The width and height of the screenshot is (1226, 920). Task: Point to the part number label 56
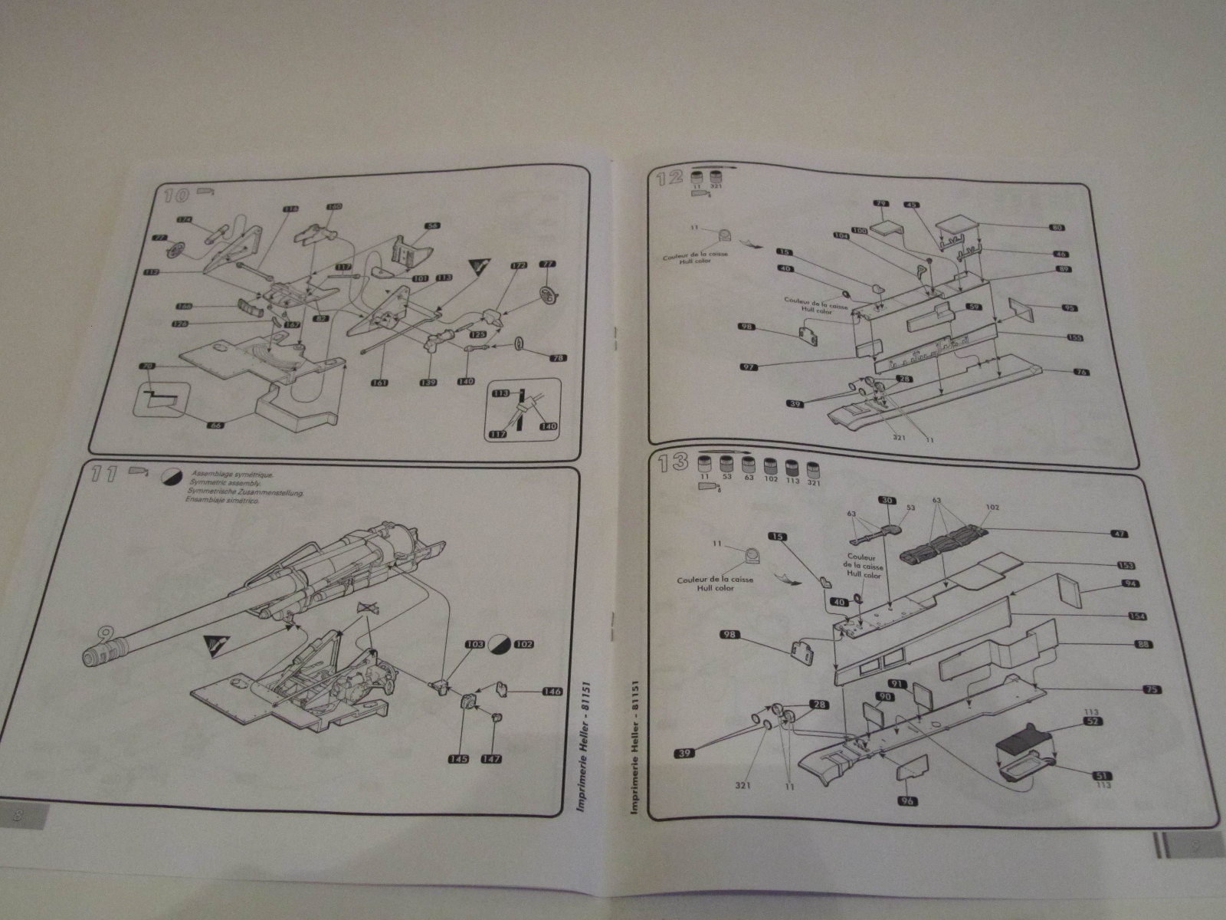tap(431, 226)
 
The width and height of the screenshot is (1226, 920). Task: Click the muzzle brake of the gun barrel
tap(99, 654)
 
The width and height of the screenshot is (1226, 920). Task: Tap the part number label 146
tap(551, 692)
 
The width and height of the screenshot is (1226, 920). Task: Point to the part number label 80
tap(1057, 227)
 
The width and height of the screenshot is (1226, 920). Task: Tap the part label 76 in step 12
tap(1081, 373)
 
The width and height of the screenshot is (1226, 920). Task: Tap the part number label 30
tap(887, 500)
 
